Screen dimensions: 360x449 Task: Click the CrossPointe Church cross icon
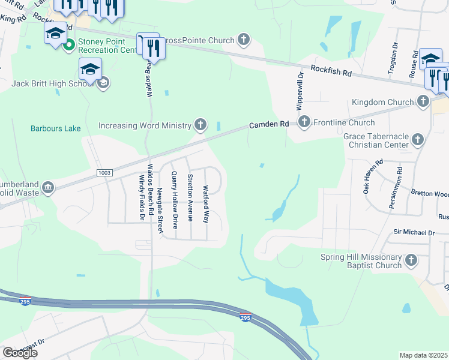pyautogui.click(x=243, y=40)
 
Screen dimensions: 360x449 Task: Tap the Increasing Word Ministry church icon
pyautogui.click(x=200, y=125)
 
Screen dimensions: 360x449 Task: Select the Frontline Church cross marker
pyautogui.click(x=304, y=122)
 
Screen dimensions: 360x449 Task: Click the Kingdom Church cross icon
pyautogui.click(x=423, y=102)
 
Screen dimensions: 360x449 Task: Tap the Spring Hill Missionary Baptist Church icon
pyautogui.click(x=411, y=260)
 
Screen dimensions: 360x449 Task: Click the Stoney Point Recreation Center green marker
pyautogui.click(x=69, y=44)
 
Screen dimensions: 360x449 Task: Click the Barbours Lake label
pyautogui.click(x=55, y=128)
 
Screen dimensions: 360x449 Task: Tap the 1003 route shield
pyautogui.click(x=104, y=173)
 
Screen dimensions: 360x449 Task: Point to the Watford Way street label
pyautogui.click(x=206, y=204)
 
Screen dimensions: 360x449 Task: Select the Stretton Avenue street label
pyautogui.click(x=190, y=197)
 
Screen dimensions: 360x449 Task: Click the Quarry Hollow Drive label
pyautogui.click(x=175, y=200)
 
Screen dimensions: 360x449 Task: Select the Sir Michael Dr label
pyautogui.click(x=414, y=232)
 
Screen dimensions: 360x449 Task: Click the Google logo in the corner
pyautogui.click(x=19, y=353)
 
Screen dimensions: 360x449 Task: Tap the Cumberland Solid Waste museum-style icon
pyautogui.click(x=47, y=189)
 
